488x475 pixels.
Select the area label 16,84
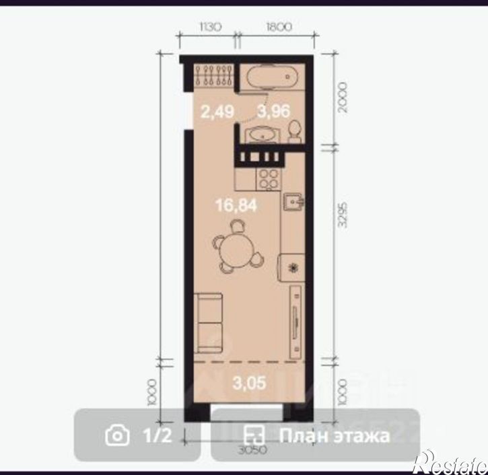pos(236,206)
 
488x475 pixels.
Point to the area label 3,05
pos(249,383)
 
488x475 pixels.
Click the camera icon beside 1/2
pos(117,435)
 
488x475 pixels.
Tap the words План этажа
pos(335,435)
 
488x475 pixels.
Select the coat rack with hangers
pos(214,75)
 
